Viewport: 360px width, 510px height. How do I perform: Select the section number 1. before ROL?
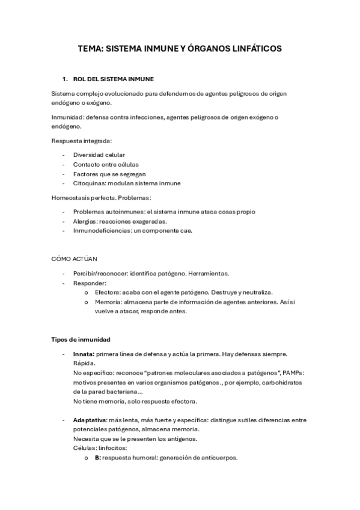point(65,79)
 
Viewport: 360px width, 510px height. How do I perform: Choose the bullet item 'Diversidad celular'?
point(99,155)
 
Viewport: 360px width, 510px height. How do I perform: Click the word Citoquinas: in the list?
point(90,183)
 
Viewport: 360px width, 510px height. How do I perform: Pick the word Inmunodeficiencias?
point(102,230)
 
